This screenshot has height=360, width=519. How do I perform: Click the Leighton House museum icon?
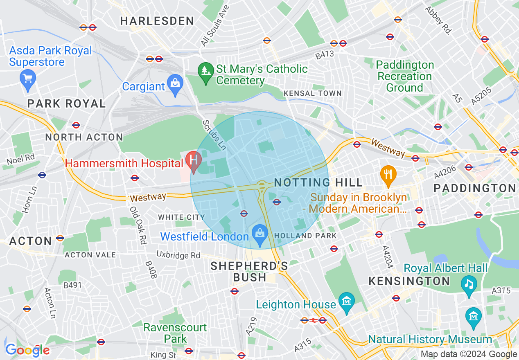tap(347, 302)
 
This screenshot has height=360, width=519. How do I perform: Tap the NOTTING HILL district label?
tap(318, 182)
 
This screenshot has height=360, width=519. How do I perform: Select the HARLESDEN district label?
tap(157, 21)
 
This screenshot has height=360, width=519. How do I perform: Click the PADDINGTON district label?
tap(475, 188)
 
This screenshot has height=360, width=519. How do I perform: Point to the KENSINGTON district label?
tap(409, 281)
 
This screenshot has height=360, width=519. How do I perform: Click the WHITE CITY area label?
tap(181, 217)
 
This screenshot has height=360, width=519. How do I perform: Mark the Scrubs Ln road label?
tap(214, 135)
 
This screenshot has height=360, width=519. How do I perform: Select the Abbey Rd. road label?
tap(437, 20)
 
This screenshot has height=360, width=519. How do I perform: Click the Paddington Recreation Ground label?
tap(404, 76)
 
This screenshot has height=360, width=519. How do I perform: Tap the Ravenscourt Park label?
tap(175, 333)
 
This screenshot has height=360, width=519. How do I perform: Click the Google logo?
tap(27, 350)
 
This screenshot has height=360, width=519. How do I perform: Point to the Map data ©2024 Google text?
tap(469, 354)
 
